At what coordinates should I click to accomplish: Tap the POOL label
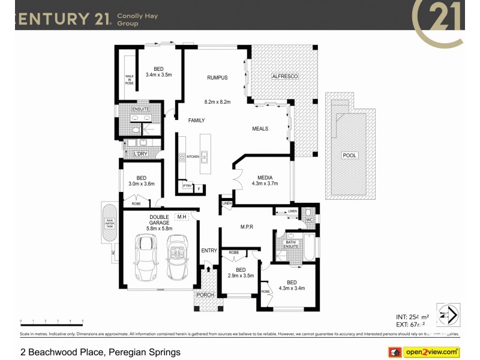349,155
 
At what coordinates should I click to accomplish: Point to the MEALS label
260,129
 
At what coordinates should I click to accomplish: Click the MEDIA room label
265,178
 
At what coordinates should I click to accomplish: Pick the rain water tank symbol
110,224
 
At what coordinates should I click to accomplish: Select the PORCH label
205,295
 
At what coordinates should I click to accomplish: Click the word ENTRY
209,250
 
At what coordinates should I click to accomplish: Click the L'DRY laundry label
140,154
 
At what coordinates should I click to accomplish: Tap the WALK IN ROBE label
129,79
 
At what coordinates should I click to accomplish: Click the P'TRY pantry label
188,187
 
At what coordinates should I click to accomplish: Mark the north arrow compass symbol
448,314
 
